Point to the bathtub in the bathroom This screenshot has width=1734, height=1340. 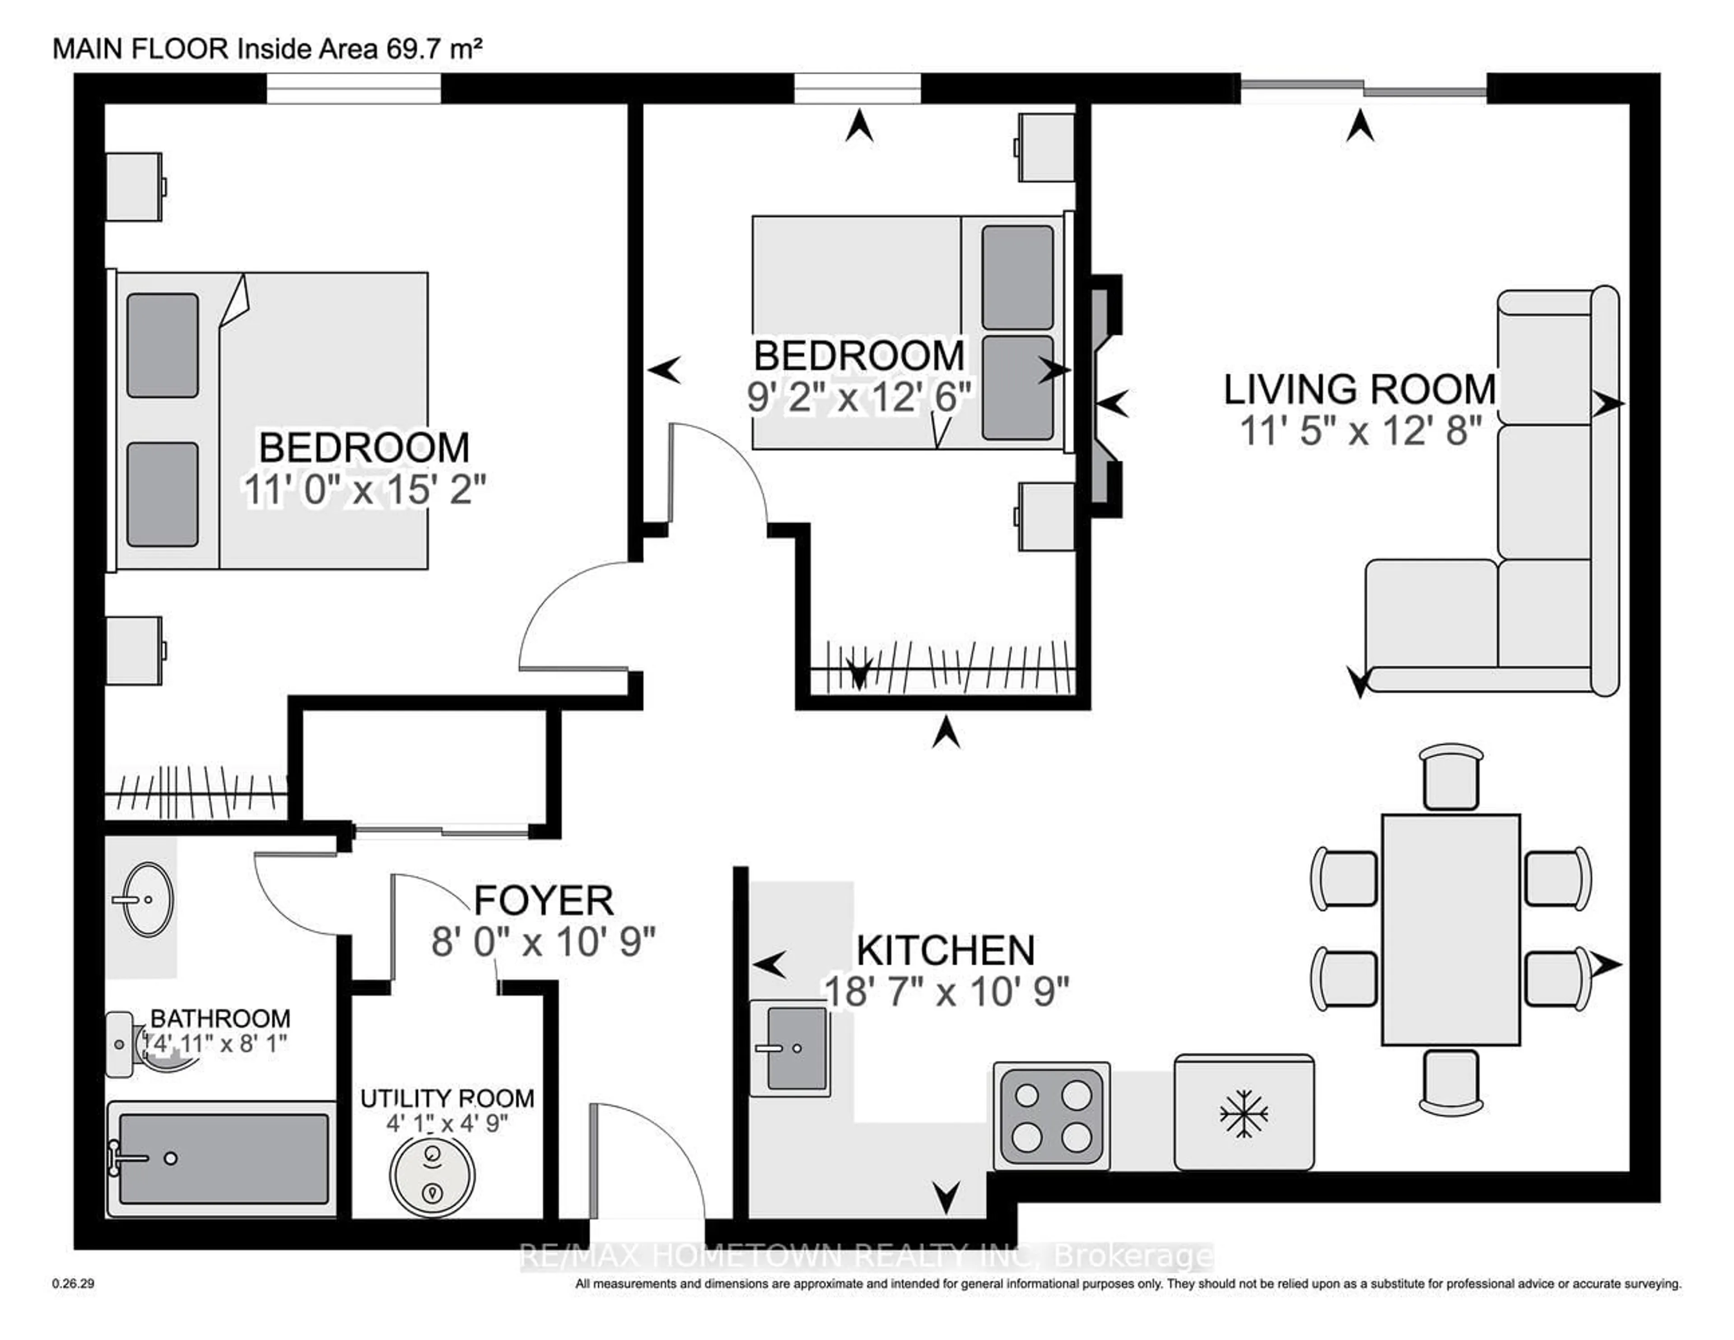pyautogui.click(x=222, y=1159)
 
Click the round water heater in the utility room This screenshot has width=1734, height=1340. pyautogui.click(x=433, y=1173)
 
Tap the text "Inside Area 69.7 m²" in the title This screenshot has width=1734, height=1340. pyautogui.click(x=359, y=49)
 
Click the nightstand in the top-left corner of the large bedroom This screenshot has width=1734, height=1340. pyautogui.click(x=135, y=187)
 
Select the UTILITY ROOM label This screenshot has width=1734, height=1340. pyautogui.click(x=447, y=1098)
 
